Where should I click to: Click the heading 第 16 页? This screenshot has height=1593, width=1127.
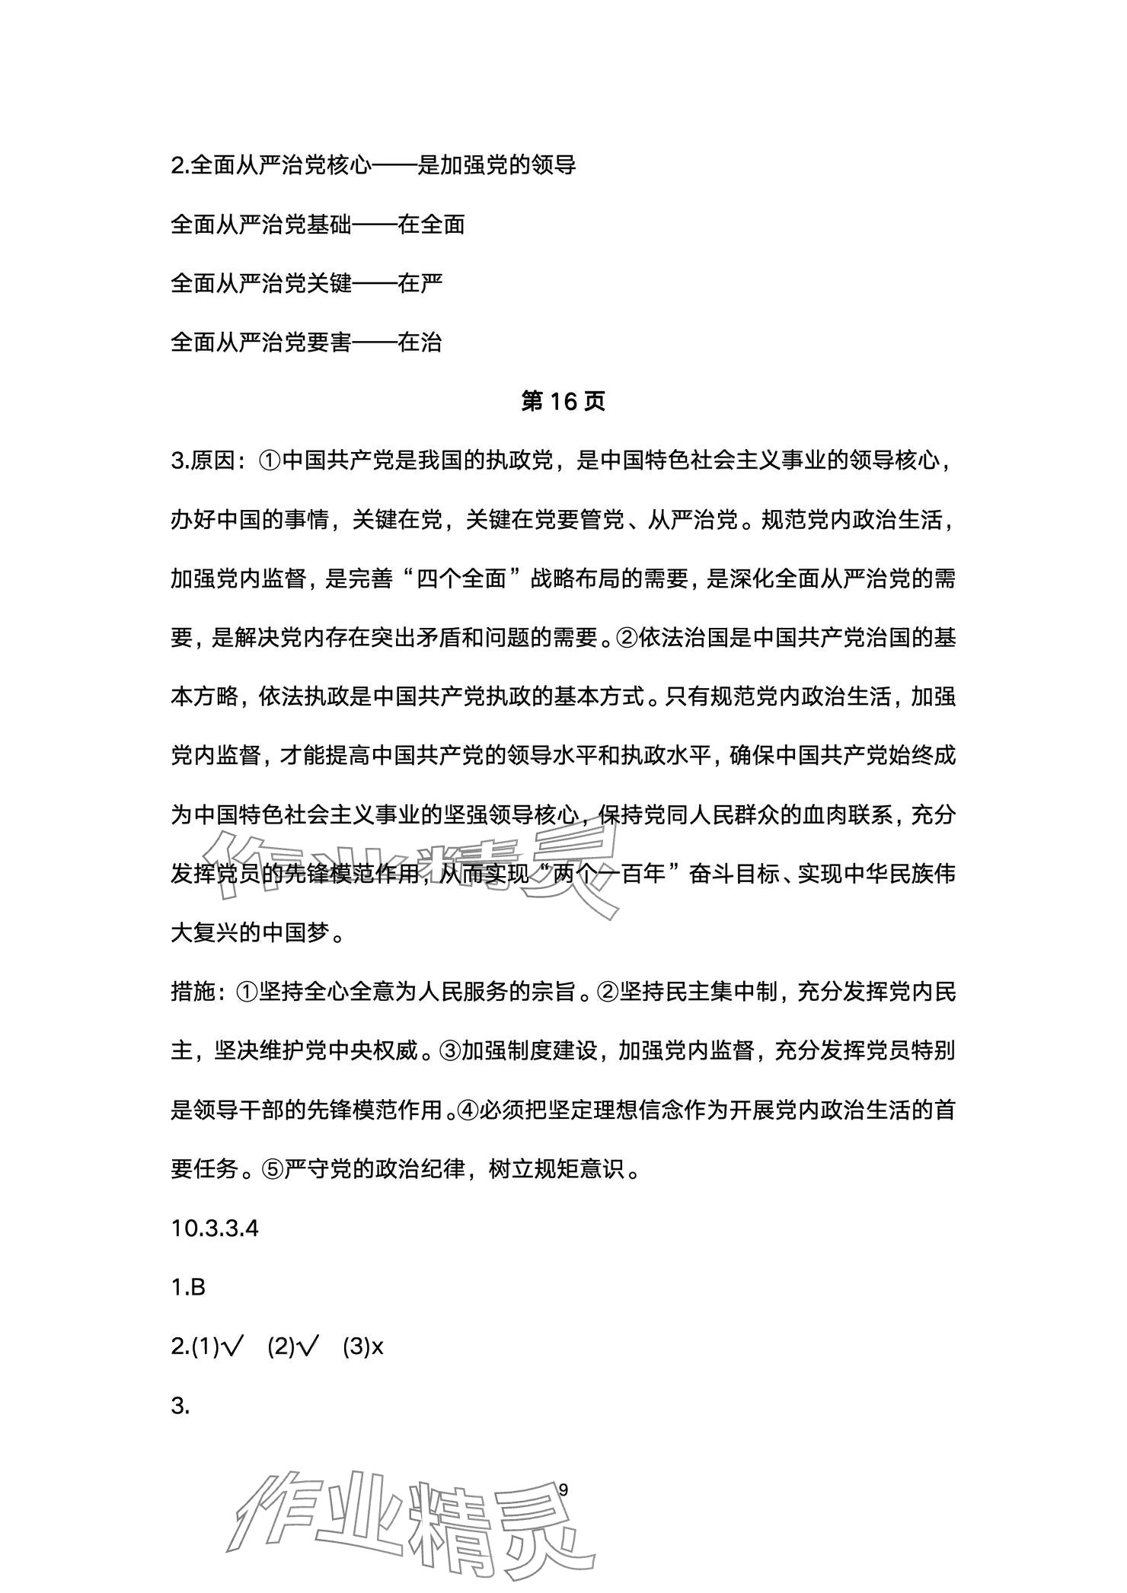[563, 401]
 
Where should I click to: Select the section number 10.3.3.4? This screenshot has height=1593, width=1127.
[215, 1228]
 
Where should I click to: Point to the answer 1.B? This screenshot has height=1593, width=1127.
[188, 1287]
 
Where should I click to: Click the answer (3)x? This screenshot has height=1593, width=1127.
[363, 1346]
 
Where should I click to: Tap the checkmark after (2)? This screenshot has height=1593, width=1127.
[309, 1346]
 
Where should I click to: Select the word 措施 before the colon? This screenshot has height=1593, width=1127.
[193, 992]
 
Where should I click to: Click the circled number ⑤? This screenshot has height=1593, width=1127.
[271, 1168]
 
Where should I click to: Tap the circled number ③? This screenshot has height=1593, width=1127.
[448, 1051]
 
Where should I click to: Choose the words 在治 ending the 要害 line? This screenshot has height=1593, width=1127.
[420, 342]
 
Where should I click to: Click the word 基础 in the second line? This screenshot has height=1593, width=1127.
[329, 225]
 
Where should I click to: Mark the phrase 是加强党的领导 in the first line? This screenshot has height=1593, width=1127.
[496, 165]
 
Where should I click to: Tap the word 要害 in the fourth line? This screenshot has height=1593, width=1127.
[329, 342]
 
